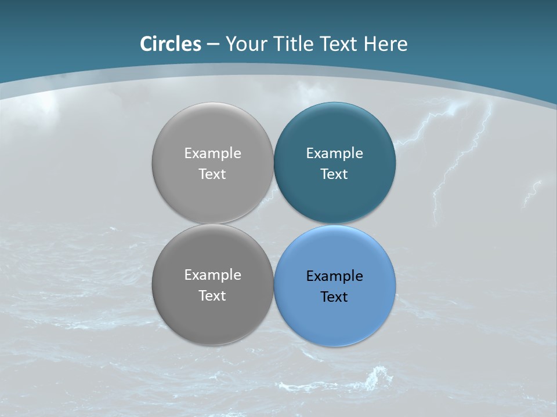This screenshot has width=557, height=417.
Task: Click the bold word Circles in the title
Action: coord(171,43)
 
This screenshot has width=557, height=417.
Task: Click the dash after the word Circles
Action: coord(213,44)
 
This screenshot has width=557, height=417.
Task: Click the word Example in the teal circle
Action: coord(334,153)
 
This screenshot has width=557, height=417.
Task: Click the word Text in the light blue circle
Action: coord(334,297)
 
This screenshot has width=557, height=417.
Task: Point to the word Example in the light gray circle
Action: coord(212,153)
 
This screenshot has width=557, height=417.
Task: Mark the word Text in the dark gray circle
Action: coord(212,295)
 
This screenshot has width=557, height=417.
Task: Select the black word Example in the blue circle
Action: coord(334,276)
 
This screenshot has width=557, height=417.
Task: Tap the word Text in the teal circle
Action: coord(334,174)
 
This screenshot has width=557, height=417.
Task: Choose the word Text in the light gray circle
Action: coord(212,174)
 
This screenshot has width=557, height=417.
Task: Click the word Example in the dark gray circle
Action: coord(212,275)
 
